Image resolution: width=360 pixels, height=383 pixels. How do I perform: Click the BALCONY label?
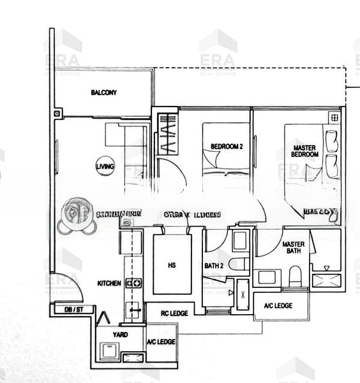103,93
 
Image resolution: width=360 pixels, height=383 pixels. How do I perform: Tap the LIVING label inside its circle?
105,167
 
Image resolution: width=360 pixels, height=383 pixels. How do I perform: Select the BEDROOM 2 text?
227,147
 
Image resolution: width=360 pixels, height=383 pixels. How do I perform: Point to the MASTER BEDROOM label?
304,151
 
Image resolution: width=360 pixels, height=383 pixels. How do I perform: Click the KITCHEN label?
109,283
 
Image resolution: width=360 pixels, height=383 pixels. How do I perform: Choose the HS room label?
172,265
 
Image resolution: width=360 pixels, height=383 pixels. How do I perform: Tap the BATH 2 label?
213,265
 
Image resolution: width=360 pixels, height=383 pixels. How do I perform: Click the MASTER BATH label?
293,247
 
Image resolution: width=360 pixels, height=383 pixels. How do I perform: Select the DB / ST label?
74,310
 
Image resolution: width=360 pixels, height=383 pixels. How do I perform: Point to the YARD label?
119,334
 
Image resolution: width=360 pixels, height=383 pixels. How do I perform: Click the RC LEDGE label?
175,313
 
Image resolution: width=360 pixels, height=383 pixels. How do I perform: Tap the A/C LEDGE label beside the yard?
161,342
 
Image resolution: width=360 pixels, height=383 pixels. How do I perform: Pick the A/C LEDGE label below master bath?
278,306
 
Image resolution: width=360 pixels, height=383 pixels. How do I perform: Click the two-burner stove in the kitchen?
133,283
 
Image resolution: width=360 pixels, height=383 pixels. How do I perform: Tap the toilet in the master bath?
295,276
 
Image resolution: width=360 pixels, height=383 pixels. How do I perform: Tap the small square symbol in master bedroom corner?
334,117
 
